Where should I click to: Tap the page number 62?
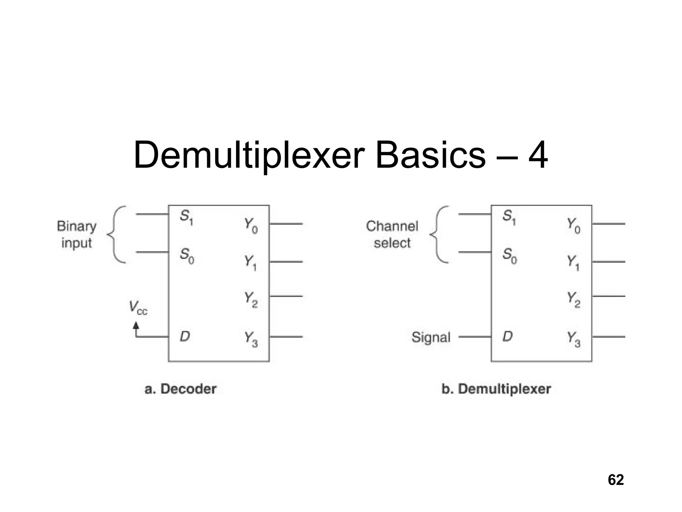pos(616,480)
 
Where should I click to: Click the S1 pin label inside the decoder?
pos(186,217)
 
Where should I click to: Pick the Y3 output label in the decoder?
pos(251,339)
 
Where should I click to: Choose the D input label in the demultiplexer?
pos(508,337)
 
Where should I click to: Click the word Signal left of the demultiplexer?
pos(431,337)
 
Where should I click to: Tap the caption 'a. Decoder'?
pos(180,389)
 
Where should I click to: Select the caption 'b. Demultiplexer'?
pos(496,389)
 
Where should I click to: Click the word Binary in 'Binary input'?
pos(77,226)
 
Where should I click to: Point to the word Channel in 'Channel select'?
pos(392,226)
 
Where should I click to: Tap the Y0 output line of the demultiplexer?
pos(609,224)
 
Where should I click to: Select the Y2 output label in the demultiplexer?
pos(574,299)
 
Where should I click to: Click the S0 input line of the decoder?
pos(152,252)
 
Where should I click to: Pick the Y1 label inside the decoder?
pos(250,263)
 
